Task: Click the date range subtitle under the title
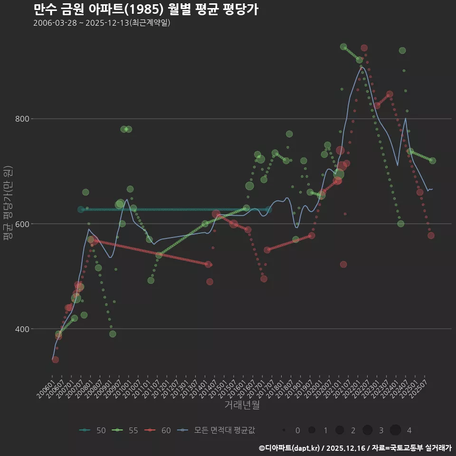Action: (102, 23)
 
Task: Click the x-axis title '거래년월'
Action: (242, 405)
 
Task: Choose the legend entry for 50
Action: (93, 430)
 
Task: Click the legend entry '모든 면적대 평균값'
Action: (218, 430)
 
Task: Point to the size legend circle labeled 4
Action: (395, 430)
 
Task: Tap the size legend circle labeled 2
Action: (340, 430)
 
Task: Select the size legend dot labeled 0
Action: (284, 430)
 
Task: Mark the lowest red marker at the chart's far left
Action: (55, 360)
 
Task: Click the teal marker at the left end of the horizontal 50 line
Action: (81, 209)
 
